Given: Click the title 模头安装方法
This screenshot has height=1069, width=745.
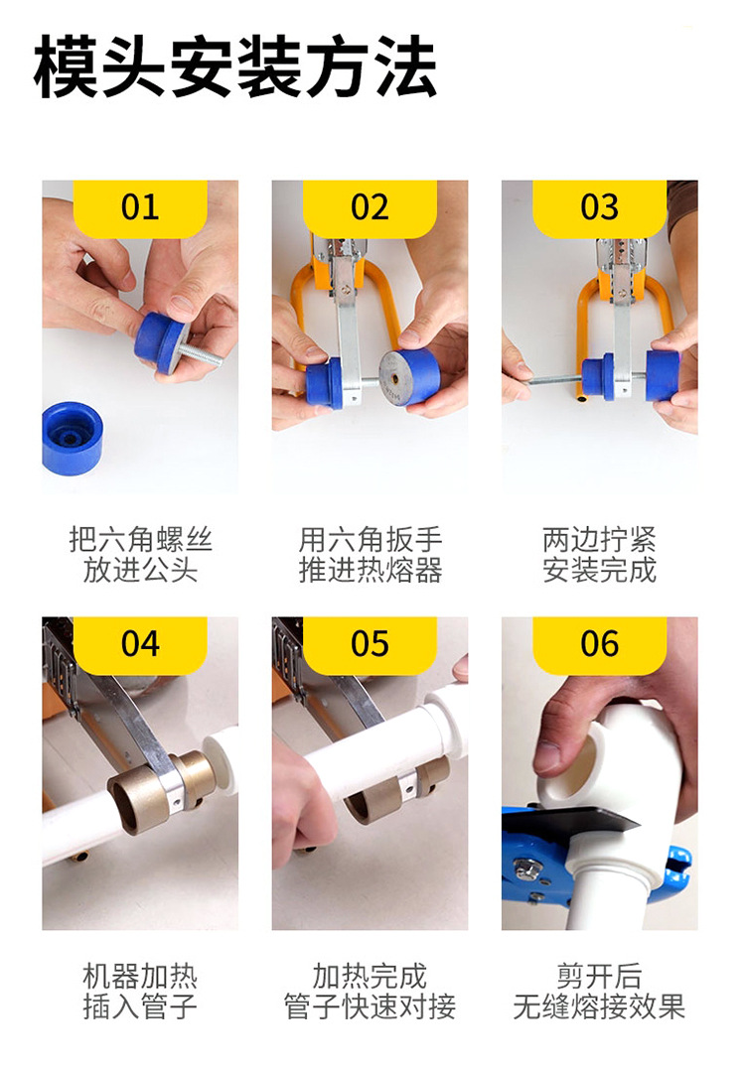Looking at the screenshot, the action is (x=235, y=67).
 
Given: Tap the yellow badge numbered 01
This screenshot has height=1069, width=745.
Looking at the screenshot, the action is (x=140, y=207).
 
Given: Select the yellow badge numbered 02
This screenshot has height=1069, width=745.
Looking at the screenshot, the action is (x=370, y=207).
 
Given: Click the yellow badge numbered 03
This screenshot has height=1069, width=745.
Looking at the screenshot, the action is (x=600, y=207).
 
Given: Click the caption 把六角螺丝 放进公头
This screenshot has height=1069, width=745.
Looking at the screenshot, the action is (x=140, y=555).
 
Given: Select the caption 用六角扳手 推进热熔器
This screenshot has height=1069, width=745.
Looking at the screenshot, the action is (x=371, y=555).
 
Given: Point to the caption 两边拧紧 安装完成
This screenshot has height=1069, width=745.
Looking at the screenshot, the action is (x=600, y=555).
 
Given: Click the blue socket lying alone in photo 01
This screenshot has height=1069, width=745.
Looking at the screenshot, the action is (x=72, y=438).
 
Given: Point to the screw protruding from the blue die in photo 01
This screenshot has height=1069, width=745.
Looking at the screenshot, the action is (x=201, y=355).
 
